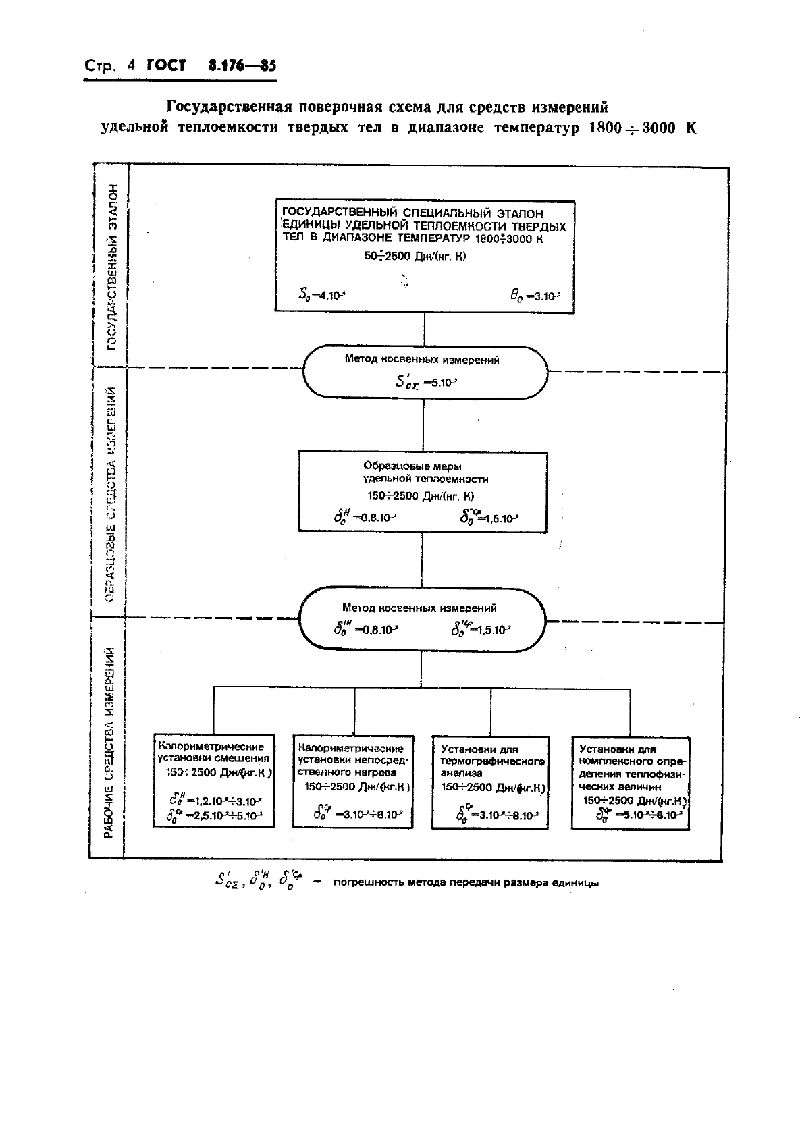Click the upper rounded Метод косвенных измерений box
[424, 372]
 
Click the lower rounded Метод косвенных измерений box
[423, 619]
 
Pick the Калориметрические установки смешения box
[213, 780]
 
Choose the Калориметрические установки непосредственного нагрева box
[353, 780]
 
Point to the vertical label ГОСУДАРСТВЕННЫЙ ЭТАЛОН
[112, 267]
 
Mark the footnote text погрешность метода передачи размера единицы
[466, 882]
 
